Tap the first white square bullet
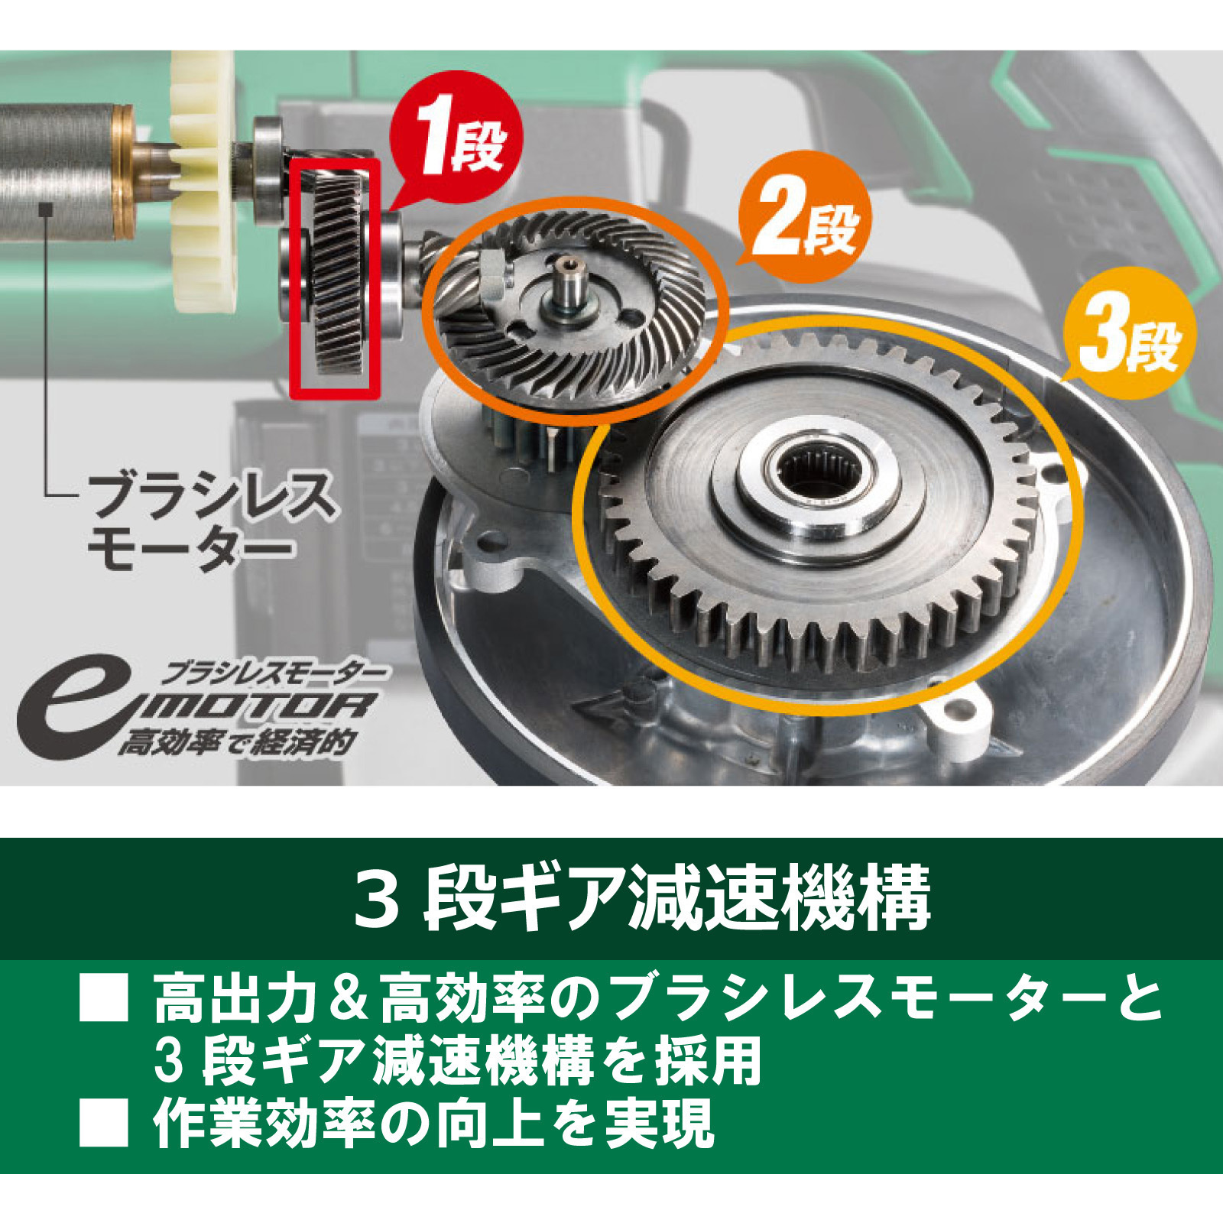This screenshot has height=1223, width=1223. (104, 998)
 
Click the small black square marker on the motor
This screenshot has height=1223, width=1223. (47, 206)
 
